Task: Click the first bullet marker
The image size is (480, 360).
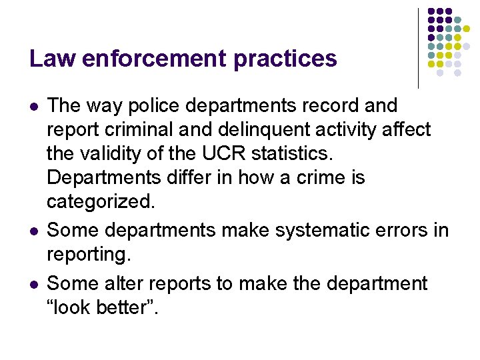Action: pos(33,106)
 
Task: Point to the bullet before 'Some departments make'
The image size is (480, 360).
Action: pos(33,231)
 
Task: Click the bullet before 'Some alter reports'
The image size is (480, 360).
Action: pos(33,284)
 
